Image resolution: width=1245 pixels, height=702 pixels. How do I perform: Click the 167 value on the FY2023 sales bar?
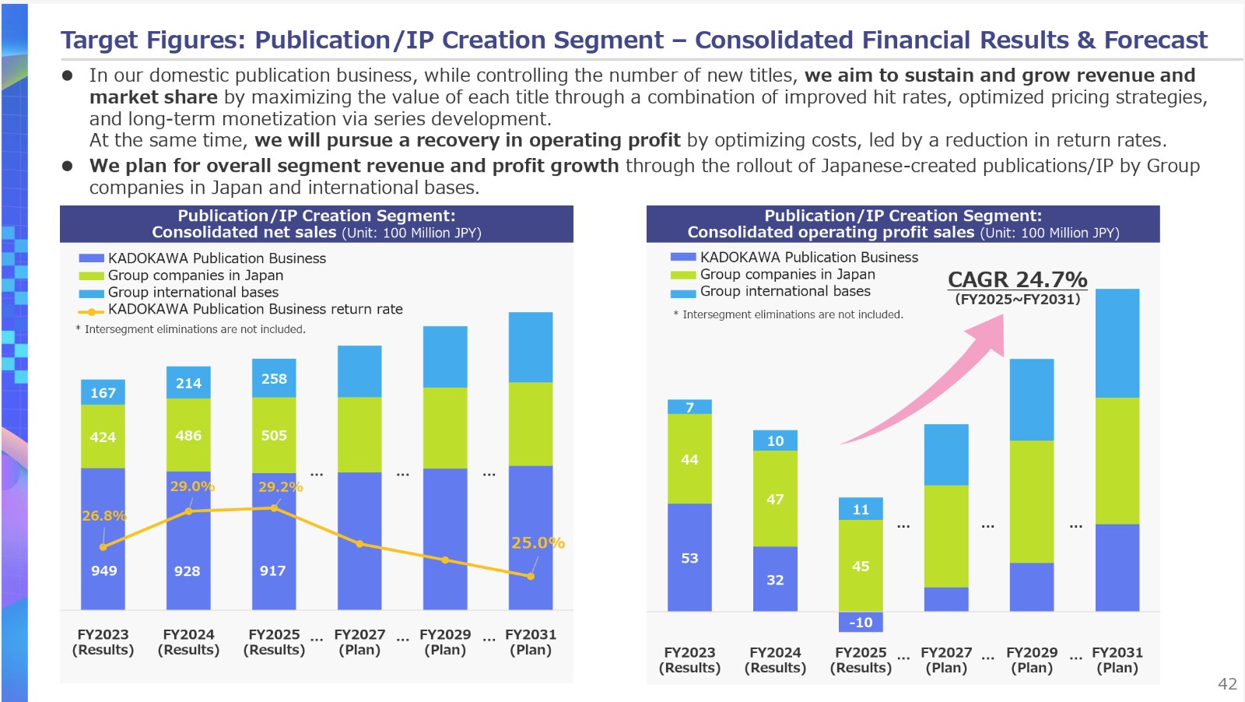103,393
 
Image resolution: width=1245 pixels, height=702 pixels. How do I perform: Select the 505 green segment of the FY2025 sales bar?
274,435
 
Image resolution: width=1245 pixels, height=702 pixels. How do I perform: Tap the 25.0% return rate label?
538,542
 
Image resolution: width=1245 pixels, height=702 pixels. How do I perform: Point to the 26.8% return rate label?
104,516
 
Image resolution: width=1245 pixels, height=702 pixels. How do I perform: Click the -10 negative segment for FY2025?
861,621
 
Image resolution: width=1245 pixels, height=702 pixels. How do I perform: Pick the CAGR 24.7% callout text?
1017,279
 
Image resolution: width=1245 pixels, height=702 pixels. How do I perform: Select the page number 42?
1227,683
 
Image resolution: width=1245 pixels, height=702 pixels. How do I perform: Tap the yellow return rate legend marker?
91,312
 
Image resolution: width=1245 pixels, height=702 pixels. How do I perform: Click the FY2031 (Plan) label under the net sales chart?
530,642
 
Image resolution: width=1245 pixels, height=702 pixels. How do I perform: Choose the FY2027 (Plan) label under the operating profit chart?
946,660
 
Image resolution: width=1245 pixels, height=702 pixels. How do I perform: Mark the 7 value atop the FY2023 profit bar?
689,407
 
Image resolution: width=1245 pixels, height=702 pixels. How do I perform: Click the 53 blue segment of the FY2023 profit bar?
689,557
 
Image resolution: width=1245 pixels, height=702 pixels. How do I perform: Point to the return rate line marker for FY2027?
359,543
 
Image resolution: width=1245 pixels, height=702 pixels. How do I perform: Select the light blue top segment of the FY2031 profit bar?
1117,343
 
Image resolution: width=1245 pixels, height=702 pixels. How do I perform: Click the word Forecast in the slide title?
1156,40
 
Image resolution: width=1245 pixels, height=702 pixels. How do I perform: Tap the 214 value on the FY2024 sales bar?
188,383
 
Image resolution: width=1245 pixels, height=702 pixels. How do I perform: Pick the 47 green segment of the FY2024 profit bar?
775,499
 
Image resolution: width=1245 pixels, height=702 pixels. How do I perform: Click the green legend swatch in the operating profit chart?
683,275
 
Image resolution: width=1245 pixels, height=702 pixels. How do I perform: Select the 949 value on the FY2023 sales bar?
104,570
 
